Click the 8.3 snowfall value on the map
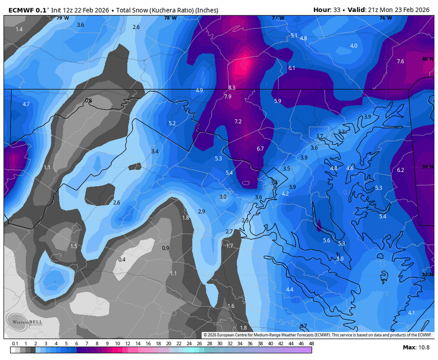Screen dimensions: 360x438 232,87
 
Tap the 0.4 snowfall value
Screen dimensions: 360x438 122,260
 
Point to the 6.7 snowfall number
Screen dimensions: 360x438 260,149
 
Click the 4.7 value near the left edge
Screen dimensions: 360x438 26,104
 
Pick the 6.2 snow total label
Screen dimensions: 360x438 401,170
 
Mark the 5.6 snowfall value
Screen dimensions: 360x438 327,240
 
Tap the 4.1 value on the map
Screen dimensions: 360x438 411,312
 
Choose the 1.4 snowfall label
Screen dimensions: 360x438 19,29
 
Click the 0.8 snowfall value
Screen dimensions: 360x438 88,100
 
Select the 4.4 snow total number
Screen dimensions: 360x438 289,289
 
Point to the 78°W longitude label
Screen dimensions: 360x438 170,18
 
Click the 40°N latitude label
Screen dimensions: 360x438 426,59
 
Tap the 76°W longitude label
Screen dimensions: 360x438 386,18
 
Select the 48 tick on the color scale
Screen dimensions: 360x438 311,344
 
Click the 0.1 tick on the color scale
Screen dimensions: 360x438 15,344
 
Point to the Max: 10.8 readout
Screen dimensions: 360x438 416,348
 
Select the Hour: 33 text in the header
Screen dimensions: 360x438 328,10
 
